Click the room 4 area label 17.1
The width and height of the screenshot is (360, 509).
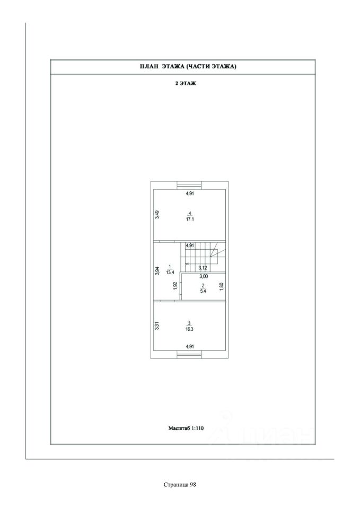(190, 218)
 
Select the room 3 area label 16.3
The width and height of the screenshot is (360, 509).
(189, 329)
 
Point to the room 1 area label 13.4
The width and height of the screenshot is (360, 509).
(170, 272)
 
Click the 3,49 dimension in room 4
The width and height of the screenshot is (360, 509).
(157, 215)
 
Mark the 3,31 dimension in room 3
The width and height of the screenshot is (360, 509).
(157, 326)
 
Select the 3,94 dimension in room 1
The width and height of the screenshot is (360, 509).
(157, 270)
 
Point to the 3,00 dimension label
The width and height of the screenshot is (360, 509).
(204, 276)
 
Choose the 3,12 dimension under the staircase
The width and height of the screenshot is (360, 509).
(203, 268)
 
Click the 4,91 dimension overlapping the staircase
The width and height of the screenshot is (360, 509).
(189, 245)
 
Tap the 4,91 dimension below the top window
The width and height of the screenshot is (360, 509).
(190, 193)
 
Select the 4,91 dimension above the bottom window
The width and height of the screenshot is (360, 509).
(190, 347)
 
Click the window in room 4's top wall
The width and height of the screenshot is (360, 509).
(189, 186)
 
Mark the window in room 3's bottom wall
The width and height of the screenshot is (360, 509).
(189, 354)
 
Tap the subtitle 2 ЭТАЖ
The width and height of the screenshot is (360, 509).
(186, 84)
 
